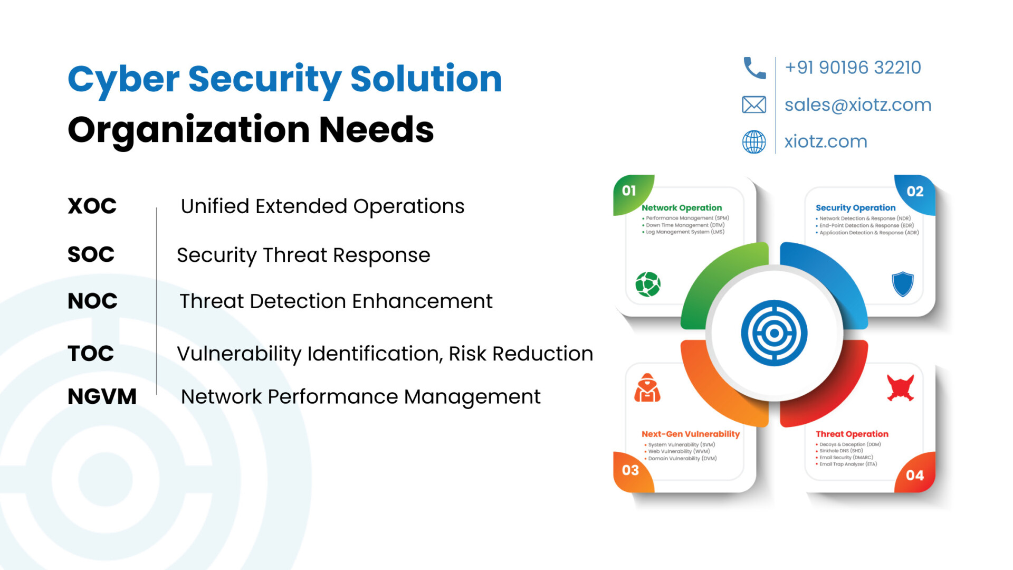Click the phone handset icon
[754, 68]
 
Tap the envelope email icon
[754, 104]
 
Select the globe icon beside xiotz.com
[754, 141]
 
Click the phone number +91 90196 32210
[853, 68]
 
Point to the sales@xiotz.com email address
[858, 105]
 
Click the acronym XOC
[92, 206]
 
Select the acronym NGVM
[102, 396]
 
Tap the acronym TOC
[91, 353]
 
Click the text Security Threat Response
[303, 255]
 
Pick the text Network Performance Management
[360, 397]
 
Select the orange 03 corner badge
[632, 471]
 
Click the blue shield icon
[903, 284]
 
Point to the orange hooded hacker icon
[647, 388]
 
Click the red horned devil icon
[901, 388]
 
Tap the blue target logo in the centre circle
[774, 333]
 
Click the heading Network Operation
[682, 208]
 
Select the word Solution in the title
[426, 79]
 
